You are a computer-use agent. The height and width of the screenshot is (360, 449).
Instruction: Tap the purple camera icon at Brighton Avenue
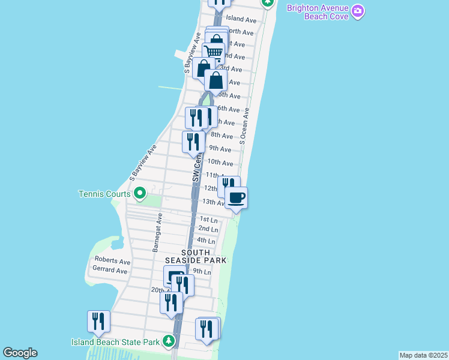[x=358, y=11]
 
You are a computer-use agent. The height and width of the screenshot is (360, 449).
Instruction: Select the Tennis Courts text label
[x=104, y=194]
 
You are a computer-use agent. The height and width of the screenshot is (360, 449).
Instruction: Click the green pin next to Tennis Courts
[x=140, y=193]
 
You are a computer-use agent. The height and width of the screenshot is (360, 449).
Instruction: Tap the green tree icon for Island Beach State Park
[x=169, y=341]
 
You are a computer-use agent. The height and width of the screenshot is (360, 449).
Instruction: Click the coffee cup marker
[x=236, y=197]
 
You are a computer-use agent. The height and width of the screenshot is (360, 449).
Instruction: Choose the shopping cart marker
[x=213, y=52]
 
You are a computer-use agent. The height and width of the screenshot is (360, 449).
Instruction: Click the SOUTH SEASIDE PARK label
[x=197, y=256]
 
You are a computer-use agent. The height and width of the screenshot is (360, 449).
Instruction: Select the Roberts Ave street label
[x=112, y=262]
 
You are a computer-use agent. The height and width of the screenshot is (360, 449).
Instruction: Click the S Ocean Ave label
[x=244, y=126]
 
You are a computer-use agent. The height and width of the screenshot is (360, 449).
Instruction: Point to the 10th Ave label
[x=220, y=163]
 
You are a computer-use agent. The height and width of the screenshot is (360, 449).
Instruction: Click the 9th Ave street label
[x=220, y=149]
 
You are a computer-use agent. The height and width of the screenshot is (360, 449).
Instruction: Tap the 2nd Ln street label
[x=208, y=229]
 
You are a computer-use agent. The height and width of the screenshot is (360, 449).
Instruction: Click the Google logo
[x=20, y=353]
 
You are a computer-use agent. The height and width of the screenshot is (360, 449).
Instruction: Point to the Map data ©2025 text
[x=424, y=355]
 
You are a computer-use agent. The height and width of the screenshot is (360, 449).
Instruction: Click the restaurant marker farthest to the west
[x=98, y=321]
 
